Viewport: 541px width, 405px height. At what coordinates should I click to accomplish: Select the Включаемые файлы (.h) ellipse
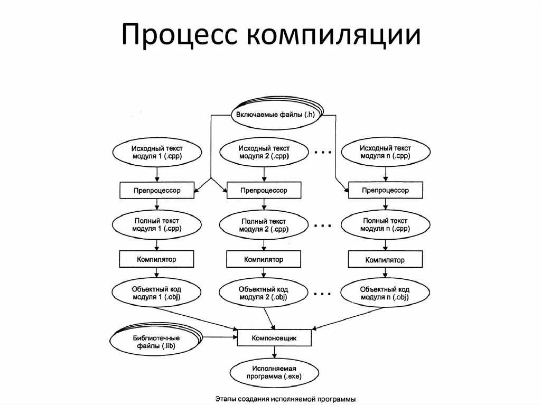[275, 115]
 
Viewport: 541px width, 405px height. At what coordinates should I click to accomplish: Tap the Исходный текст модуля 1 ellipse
[156, 153]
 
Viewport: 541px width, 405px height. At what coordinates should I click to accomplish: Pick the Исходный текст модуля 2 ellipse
[264, 153]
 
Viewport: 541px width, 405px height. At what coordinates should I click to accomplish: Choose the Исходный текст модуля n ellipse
[385, 153]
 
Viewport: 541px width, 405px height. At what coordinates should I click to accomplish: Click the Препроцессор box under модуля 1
[156, 191]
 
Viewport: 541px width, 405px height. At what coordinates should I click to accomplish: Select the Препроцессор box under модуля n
[385, 191]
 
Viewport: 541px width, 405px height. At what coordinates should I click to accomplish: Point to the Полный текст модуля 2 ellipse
[264, 225]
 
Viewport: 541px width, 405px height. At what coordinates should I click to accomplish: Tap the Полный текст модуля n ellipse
[385, 224]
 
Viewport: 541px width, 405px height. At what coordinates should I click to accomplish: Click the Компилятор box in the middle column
[264, 260]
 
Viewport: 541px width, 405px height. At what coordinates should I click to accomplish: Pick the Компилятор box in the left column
[156, 259]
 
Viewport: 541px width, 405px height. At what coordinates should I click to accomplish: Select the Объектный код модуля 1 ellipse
[156, 293]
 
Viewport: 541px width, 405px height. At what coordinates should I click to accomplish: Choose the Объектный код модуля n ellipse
[385, 293]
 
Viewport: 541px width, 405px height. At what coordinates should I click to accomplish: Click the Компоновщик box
[274, 337]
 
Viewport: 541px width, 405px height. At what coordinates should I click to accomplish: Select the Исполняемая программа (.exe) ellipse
[274, 373]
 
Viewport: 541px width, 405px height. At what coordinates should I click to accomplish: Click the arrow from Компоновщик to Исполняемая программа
[274, 352]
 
